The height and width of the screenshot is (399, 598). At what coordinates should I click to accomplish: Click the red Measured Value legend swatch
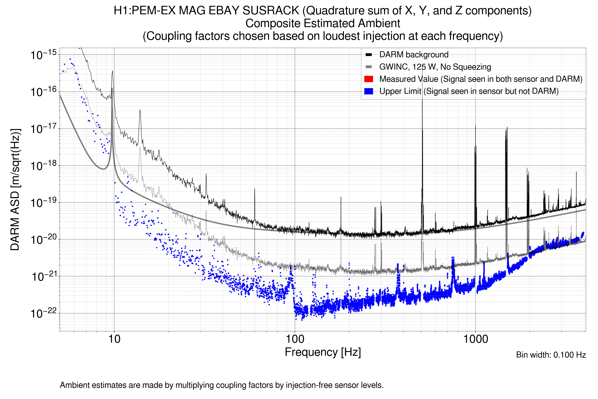pos(368,79)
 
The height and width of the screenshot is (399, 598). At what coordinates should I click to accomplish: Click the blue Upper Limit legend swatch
pos(368,91)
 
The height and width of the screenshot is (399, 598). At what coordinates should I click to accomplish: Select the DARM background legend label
pos(414,55)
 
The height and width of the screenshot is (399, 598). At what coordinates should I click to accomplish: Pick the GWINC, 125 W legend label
pos(435,67)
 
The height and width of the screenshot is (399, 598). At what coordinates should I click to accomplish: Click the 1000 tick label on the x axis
pos(475,339)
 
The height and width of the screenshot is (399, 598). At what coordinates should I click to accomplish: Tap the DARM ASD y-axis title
pos(15,190)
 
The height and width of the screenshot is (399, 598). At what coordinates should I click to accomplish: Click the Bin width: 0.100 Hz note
pos(551,355)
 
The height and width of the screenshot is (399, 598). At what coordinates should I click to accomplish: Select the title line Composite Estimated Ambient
pos(323,23)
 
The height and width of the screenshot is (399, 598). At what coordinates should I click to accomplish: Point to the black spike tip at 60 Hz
pos(254,189)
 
